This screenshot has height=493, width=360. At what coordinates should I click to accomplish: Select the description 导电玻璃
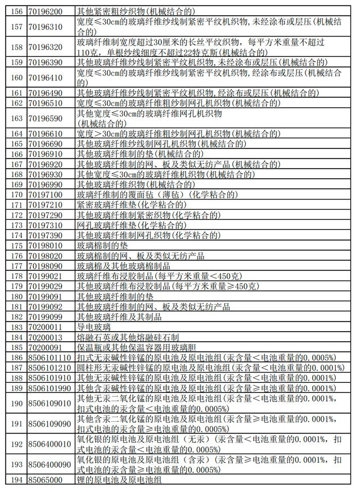93,326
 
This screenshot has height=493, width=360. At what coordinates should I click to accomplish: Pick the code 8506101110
49,357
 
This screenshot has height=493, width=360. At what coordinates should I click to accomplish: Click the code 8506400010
49,444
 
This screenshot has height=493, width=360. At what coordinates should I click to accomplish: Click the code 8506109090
49,423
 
